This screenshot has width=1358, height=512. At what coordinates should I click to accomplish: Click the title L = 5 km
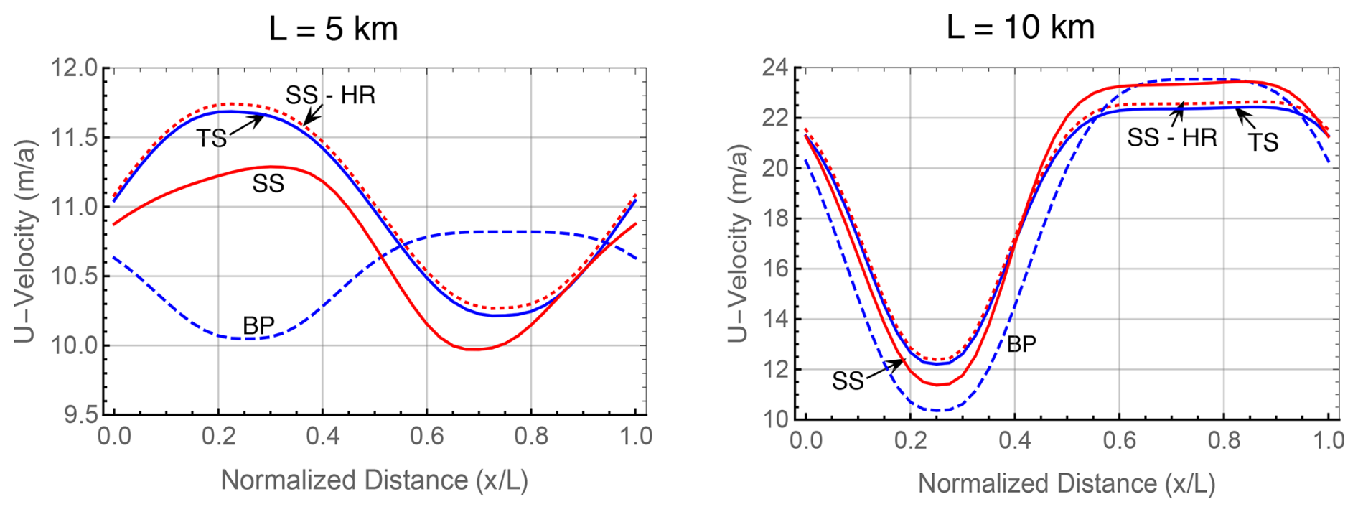coord(333,29)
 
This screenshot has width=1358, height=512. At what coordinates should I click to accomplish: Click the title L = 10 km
coord(1020,27)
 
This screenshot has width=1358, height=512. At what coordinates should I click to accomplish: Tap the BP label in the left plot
coord(258,325)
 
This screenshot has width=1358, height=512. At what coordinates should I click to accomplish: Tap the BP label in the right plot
coord(1021,345)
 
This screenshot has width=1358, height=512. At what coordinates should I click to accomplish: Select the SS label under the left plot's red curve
coord(268,184)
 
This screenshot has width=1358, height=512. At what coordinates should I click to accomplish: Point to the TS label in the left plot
coord(212,138)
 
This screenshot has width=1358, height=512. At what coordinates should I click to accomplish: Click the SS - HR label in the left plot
coord(330,95)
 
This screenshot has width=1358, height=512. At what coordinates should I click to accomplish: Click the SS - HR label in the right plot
coord(1171,137)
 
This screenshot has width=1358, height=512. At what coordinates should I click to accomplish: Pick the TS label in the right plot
coord(1263,142)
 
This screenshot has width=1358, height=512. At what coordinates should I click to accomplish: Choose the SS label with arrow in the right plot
coord(848,381)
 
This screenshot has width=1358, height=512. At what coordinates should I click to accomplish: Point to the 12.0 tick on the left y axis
coord(74,69)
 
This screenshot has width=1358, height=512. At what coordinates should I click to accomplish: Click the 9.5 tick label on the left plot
coord(79,415)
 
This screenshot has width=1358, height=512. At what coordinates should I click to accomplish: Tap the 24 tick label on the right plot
coord(774,69)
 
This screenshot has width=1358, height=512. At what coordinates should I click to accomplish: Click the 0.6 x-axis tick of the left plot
coord(427,437)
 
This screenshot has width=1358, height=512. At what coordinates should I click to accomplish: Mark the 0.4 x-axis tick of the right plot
coord(1014,440)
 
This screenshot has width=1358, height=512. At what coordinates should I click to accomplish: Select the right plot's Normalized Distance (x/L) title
coord(1067,483)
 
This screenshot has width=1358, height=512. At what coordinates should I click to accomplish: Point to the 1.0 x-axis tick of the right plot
coord(1328,440)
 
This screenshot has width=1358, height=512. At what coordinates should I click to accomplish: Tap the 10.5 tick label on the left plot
coord(74,276)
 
